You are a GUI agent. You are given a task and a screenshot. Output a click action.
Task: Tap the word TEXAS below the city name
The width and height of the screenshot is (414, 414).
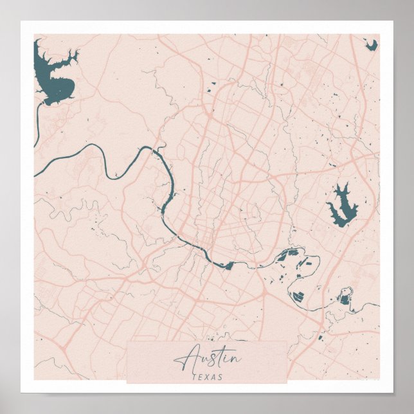click(207, 377)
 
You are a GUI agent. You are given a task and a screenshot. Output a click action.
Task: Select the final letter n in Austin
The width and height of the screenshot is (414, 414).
click(235, 358)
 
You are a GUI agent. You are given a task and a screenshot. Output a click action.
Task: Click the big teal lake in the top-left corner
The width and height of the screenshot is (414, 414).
click(54, 74)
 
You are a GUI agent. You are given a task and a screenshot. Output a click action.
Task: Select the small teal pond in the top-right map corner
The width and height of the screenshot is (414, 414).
click(371, 44)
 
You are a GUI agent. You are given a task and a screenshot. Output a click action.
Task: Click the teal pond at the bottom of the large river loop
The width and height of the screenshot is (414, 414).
click(298, 296)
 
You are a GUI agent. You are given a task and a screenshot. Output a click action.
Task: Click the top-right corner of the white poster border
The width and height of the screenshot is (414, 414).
click(392, 22)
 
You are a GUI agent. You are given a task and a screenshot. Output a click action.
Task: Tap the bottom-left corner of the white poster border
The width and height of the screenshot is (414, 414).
click(22, 392)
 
